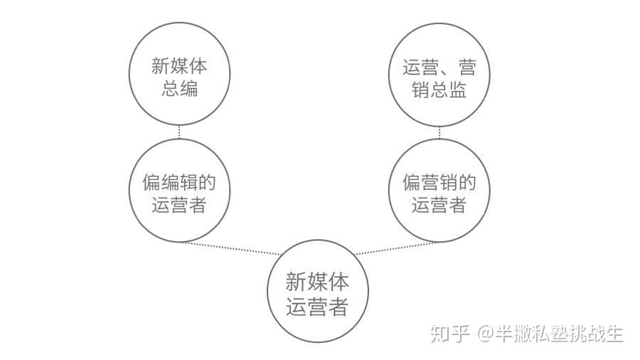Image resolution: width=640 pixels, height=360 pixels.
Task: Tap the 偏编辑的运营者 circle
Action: [x=179, y=191]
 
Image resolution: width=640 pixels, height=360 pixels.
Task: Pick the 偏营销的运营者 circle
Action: [x=439, y=191]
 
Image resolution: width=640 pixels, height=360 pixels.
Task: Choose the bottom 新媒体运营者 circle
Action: [x=317, y=293]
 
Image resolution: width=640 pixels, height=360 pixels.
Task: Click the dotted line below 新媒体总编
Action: [x=179, y=132]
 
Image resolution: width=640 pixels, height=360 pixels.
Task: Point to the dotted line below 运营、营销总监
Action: [x=439, y=132]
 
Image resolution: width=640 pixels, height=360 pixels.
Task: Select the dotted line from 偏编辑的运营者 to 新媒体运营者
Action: [x=231, y=248]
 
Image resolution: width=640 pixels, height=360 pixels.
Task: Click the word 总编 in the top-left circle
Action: [x=179, y=90]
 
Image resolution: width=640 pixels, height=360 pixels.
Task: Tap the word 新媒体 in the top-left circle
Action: [x=179, y=66]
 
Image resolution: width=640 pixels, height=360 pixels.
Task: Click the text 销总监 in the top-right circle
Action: [x=439, y=90]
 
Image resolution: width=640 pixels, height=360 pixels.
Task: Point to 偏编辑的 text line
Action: [x=179, y=181]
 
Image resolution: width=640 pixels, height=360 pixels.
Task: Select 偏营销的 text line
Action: [x=439, y=181]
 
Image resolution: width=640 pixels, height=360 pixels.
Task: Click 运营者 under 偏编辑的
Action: [x=179, y=205]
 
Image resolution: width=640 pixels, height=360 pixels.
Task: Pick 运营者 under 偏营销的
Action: [x=439, y=205]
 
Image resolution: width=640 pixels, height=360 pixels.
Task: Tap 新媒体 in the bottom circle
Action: [x=317, y=282]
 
